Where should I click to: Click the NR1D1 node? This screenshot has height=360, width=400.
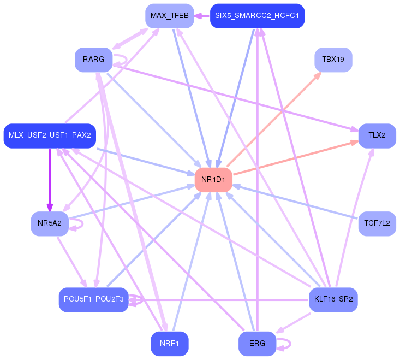213,180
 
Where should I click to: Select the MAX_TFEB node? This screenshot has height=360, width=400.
170,16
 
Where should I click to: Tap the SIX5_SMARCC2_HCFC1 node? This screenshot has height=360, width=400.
257,16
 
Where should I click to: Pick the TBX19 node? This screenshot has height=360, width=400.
333,60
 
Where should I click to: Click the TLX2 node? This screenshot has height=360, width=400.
377,135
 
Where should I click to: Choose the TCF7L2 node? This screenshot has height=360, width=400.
377,223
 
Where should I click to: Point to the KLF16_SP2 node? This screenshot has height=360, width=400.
333,299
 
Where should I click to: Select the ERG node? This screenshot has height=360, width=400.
257,344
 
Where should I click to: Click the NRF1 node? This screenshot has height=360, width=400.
170,344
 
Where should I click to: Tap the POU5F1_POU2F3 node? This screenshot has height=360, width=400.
93,299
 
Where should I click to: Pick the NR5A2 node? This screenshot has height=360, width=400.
50,223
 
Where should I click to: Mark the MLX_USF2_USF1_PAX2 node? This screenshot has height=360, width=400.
50,135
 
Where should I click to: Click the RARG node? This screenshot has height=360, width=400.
93,60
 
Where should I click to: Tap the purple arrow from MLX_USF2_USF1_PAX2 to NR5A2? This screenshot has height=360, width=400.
50,180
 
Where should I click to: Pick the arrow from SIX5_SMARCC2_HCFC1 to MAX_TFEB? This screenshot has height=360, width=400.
202,16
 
